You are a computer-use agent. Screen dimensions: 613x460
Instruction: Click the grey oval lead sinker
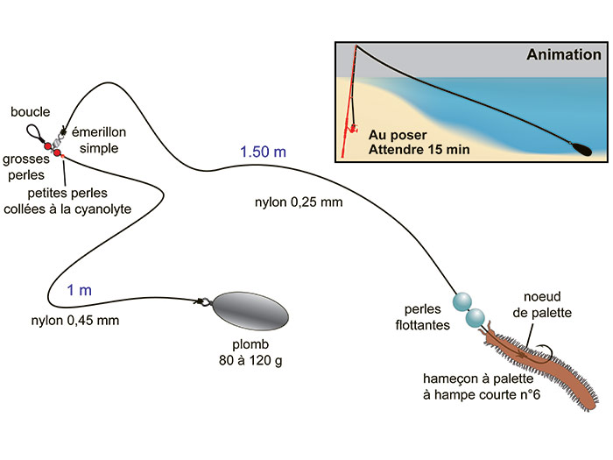tap(250, 311)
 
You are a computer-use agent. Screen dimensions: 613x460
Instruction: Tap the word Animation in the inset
tap(564, 54)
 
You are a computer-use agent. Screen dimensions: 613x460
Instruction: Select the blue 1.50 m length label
tap(263, 152)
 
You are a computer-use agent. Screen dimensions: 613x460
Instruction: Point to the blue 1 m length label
tap(80, 290)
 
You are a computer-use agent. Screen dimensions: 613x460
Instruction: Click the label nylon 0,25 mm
tap(299, 202)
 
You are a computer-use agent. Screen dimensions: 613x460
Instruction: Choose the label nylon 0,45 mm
tap(75, 321)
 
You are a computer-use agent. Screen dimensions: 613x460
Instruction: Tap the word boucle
tap(30, 112)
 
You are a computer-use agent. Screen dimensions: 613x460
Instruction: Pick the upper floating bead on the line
tap(462, 302)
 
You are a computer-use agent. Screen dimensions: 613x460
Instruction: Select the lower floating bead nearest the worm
tap(476, 318)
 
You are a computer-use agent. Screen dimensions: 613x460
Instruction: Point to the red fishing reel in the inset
tap(351, 128)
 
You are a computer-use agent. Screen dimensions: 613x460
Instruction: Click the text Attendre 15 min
tap(419, 150)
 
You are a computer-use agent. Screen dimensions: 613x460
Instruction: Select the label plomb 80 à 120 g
tap(250, 352)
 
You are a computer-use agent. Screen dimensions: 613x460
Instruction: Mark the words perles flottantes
tap(423, 317)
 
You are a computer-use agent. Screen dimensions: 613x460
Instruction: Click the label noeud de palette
tap(542, 304)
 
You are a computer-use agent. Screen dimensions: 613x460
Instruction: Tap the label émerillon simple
tap(99, 140)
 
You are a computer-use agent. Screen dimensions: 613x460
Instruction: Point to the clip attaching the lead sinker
tap(203, 301)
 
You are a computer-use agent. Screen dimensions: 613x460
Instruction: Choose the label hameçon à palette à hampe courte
tap(482, 386)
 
